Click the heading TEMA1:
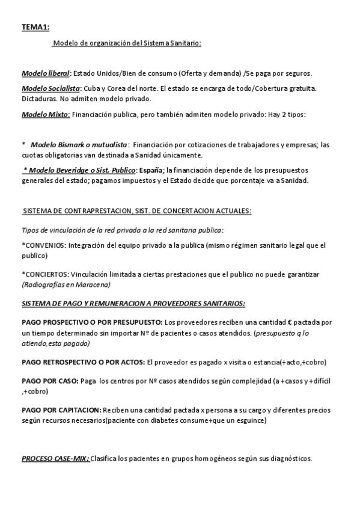point(35,27)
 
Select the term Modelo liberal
point(45,73)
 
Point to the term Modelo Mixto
point(45,114)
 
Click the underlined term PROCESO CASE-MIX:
point(55,458)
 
